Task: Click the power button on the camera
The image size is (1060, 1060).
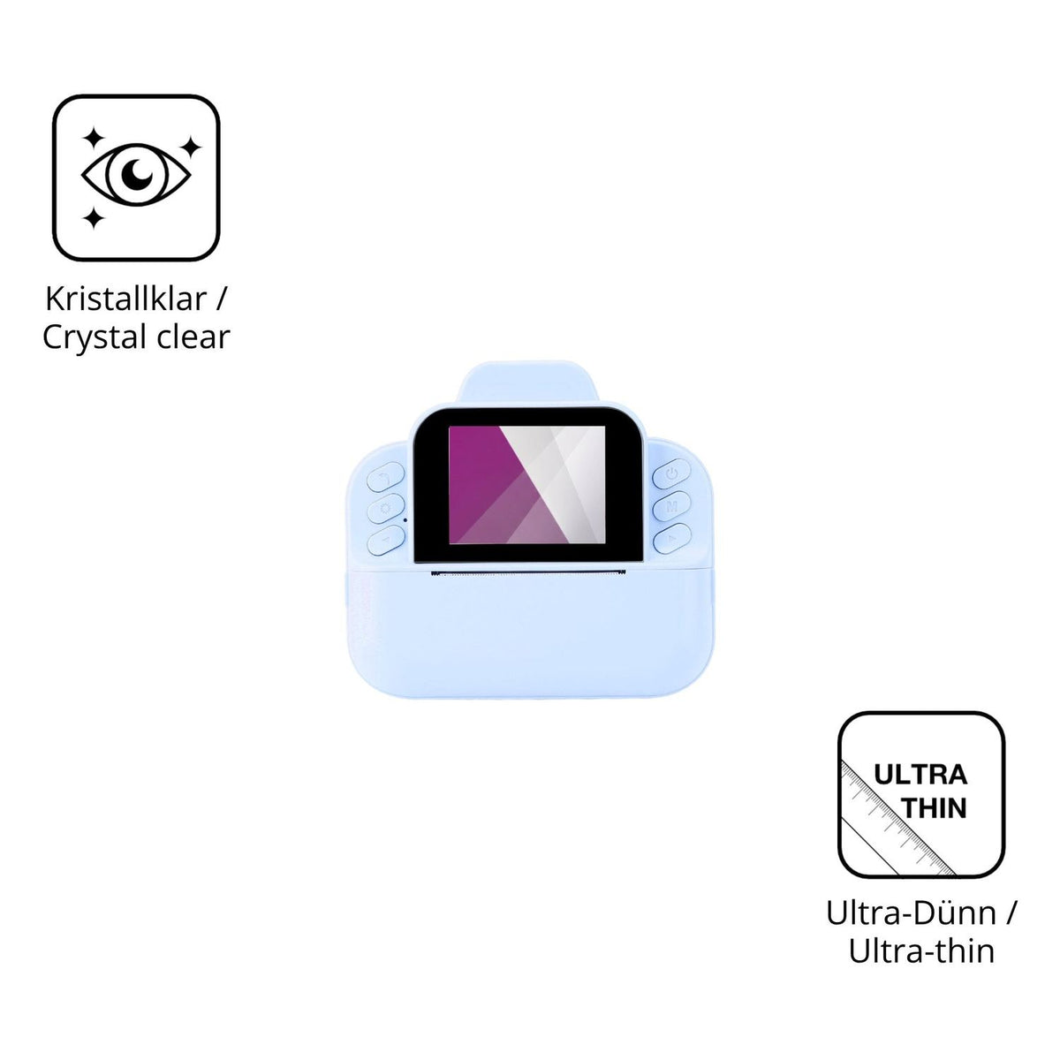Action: (671, 473)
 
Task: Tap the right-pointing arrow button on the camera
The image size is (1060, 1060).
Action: (671, 539)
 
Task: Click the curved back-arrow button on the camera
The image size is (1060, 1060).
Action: (386, 477)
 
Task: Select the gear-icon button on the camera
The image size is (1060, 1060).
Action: (386, 508)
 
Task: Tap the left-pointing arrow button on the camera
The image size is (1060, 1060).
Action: (386, 541)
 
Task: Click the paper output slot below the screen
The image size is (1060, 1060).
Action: (528, 573)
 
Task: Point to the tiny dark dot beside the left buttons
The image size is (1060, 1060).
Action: (405, 519)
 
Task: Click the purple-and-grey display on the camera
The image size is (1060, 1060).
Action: (527, 485)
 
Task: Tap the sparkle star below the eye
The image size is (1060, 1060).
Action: (94, 218)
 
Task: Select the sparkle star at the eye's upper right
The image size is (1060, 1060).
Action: (191, 147)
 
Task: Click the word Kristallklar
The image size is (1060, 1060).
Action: (126, 299)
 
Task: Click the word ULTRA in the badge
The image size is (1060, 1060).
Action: (920, 775)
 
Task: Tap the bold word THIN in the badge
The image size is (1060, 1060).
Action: (935, 807)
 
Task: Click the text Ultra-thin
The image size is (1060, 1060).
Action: (921, 951)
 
